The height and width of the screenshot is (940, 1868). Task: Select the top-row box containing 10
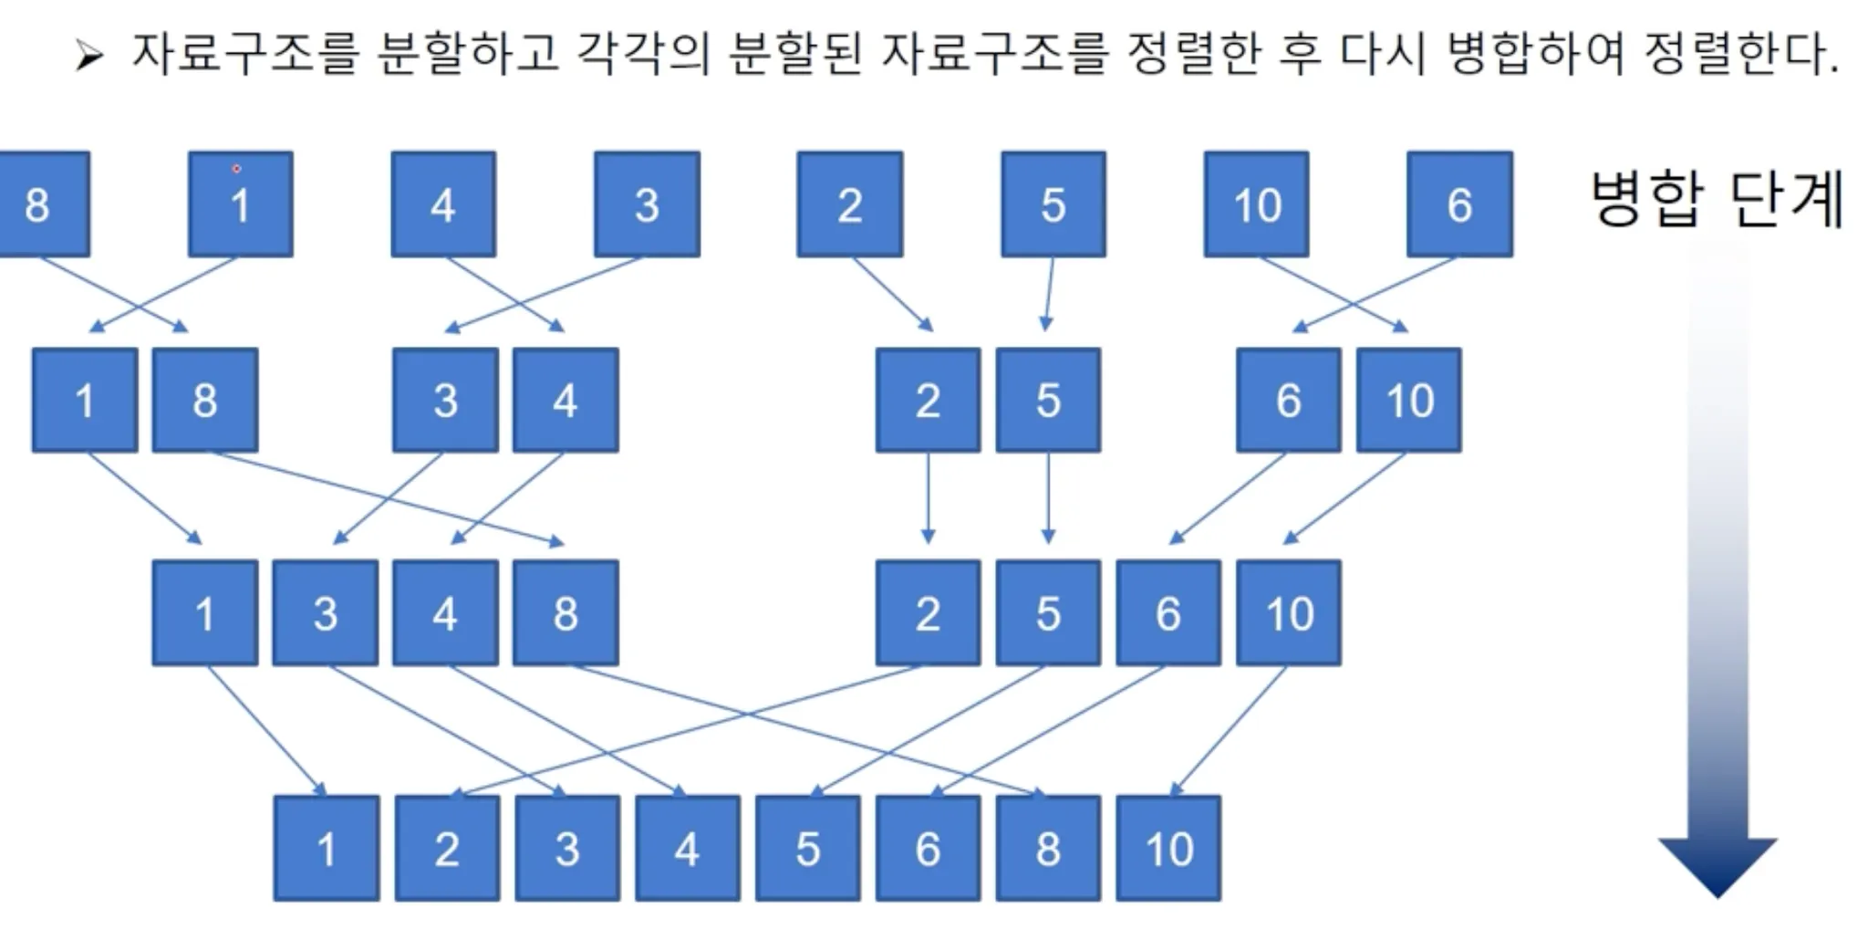coord(1256,204)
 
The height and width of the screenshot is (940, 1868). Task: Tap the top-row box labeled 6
coord(1459,204)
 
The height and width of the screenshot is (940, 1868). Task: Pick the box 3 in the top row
coord(647,204)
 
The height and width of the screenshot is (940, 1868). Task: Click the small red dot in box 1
coord(236,169)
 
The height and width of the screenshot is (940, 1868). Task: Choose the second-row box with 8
coord(205,400)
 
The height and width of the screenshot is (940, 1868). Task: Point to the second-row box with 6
coord(1288,400)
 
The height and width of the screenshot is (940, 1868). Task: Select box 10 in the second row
coord(1408,400)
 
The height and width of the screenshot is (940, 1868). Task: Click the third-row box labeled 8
coord(566,612)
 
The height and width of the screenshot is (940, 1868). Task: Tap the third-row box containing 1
coord(205,612)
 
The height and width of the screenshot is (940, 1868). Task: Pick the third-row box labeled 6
coord(1168,612)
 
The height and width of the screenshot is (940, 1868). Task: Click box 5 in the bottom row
coord(807,848)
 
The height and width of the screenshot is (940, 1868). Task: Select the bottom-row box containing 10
coord(1168,848)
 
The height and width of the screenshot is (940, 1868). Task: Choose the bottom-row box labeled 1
coord(327,848)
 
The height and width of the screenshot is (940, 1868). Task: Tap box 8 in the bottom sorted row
coord(1048,848)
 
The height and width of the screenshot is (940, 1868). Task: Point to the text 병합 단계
coord(1718,199)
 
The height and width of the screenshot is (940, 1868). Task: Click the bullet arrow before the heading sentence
coord(89,57)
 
